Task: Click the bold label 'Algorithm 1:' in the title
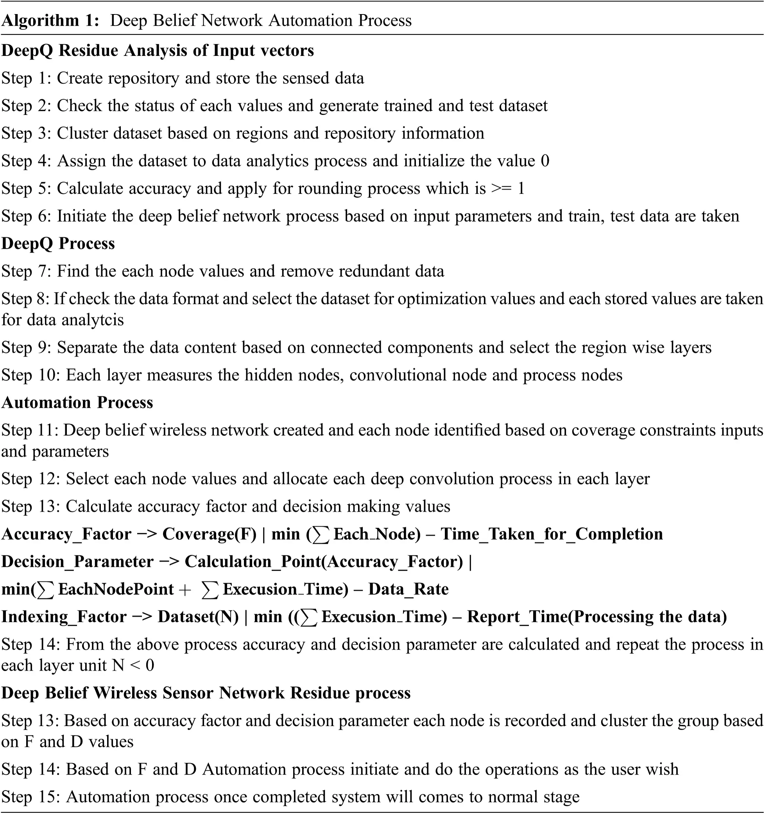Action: click(x=50, y=20)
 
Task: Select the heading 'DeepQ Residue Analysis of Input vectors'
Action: click(x=158, y=50)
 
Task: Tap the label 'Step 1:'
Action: click(x=26, y=78)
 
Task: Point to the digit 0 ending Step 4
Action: click(x=545, y=161)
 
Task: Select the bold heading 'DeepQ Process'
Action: click(x=58, y=244)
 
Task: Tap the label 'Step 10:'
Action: click(x=31, y=375)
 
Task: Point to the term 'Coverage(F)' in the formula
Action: click(x=209, y=534)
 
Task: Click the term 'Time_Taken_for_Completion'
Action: click(x=551, y=534)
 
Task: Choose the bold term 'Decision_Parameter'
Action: click(x=77, y=562)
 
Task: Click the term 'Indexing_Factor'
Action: click(x=64, y=617)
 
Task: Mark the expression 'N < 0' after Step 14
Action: click(x=133, y=666)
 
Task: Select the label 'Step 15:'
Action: click(x=31, y=797)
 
